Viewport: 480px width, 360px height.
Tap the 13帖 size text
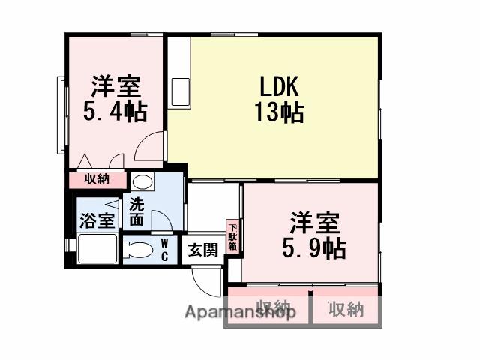coord(278,113)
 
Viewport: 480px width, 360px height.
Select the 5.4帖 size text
coord(114,112)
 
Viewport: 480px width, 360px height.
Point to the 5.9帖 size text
coord(314,247)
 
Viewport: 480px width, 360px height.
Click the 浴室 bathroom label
coord(97,220)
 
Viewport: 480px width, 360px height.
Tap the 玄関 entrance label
coord(202,250)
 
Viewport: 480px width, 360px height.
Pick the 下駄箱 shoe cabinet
coord(232,237)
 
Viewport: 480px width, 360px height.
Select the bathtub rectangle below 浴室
coord(97,248)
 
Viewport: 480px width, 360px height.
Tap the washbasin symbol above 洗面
coord(141,182)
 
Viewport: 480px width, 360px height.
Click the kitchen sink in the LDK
coord(181,91)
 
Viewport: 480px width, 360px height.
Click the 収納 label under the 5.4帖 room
coord(97,179)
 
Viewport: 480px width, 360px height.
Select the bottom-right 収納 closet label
coord(346,309)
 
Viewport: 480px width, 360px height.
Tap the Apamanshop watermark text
coord(240,311)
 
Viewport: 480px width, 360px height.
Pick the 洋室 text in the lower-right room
coord(315,223)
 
